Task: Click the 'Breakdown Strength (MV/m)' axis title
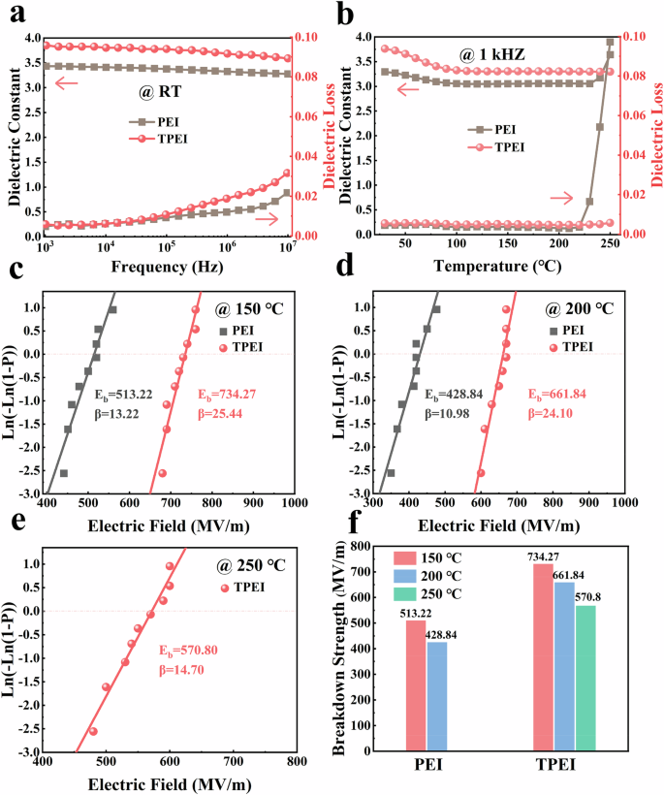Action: pyautogui.click(x=341, y=649)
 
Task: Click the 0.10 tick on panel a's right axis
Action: pyautogui.click(x=309, y=37)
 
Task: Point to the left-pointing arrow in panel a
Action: pyautogui.click(x=66, y=84)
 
